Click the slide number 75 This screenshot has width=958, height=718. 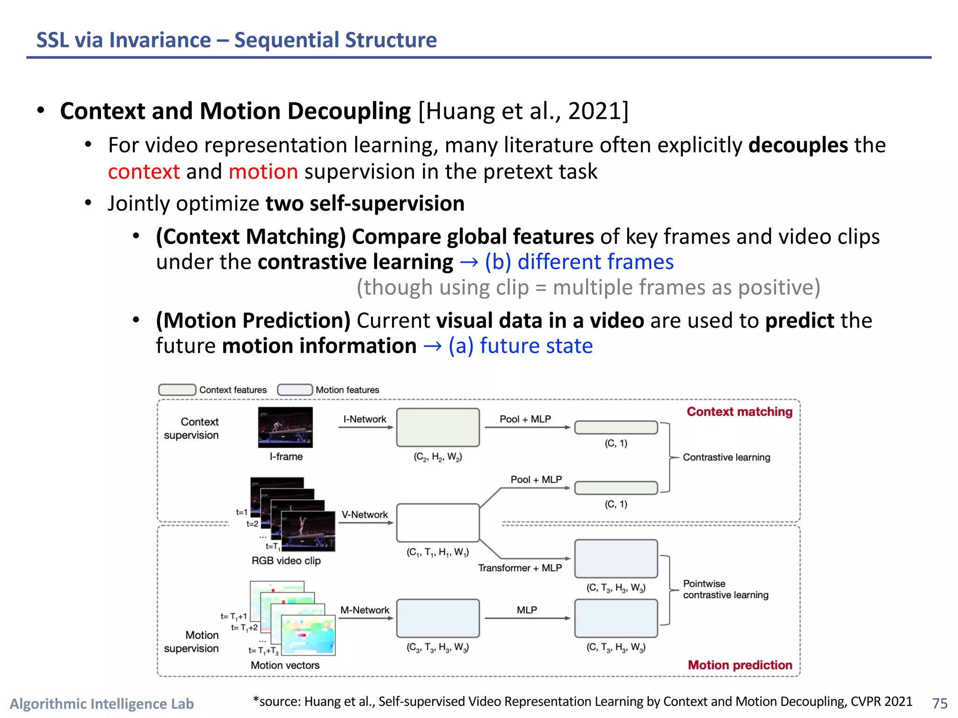click(x=939, y=703)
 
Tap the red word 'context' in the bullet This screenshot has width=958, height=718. click(x=144, y=172)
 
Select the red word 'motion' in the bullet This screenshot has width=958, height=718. click(x=263, y=172)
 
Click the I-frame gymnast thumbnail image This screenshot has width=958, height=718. click(x=285, y=427)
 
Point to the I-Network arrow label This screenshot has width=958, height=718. click(x=365, y=419)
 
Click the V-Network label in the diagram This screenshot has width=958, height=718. click(x=365, y=515)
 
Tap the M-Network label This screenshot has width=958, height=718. click(x=365, y=610)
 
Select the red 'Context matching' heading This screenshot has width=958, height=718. click(x=739, y=412)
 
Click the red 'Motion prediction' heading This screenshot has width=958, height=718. click(x=740, y=665)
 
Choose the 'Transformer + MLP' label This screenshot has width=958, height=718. click(x=520, y=568)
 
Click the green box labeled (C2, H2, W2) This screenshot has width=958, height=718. click(x=438, y=427)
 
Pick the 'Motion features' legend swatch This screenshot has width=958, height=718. click(x=295, y=390)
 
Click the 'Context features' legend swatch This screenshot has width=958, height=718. click(x=177, y=390)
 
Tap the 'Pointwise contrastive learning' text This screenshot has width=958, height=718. click(x=725, y=589)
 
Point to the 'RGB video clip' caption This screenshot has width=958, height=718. click(x=286, y=560)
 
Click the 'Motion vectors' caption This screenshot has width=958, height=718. click(x=285, y=665)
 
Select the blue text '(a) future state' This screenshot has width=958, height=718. click(x=520, y=346)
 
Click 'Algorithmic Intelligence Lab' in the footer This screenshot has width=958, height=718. click(x=102, y=704)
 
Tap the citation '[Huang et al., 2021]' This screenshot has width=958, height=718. click(x=523, y=111)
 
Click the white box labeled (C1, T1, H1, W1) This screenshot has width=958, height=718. click(x=438, y=523)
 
